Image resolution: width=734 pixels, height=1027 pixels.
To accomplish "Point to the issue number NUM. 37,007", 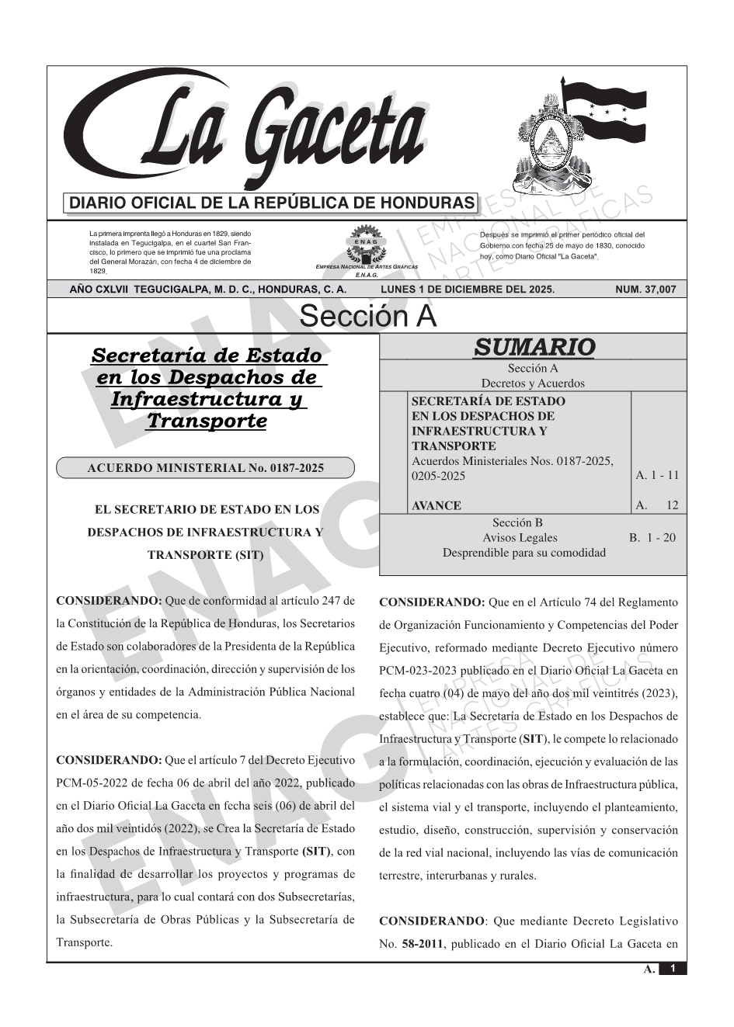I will coord(645,290).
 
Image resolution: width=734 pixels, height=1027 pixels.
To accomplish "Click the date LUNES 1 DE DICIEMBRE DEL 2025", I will coord(468,290).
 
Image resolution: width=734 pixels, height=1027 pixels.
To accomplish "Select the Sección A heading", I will coord(367,317).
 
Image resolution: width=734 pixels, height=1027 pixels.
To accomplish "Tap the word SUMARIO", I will coord(534,347).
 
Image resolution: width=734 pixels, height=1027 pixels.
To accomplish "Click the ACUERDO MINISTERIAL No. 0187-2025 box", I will coord(205,468).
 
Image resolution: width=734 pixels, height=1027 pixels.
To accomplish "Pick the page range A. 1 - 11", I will coord(657,475).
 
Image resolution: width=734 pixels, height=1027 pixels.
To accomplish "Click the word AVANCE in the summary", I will coord(436,505).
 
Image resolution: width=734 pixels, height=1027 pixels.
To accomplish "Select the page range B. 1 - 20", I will coord(652,537).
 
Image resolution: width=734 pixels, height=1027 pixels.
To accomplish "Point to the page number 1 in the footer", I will coord(673,969).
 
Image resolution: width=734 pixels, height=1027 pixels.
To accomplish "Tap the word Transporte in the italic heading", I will coord(207,421).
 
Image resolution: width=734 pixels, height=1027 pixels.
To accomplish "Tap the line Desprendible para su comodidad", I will coord(524,553).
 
